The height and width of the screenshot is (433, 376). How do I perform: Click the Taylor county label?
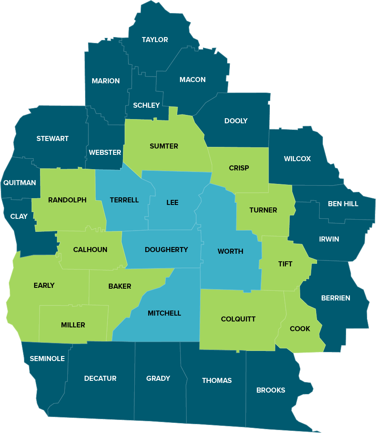click(155, 40)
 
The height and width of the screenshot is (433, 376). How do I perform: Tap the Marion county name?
click(106, 81)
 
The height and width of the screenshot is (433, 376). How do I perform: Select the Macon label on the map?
click(192, 80)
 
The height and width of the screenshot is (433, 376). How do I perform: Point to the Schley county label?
click(146, 105)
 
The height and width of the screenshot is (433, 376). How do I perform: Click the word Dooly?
click(236, 121)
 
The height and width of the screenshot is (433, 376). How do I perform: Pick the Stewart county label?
click(52, 138)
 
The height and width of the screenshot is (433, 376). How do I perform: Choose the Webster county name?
click(105, 152)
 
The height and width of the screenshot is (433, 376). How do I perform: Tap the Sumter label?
click(164, 146)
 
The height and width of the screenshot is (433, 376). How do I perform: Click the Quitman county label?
click(19, 183)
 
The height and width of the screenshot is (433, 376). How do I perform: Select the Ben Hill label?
click(343, 204)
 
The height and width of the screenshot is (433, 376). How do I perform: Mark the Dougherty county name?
click(166, 250)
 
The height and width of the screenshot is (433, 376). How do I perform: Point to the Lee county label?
click(172, 202)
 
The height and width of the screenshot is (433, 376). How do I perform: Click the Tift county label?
click(285, 264)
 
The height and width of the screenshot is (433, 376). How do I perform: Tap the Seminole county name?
click(47, 359)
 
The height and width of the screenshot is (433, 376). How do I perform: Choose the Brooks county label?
click(270, 390)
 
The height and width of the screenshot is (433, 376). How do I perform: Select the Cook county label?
click(300, 329)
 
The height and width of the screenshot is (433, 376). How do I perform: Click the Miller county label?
click(73, 325)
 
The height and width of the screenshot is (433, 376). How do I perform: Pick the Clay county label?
click(19, 216)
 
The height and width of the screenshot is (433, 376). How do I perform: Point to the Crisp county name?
click(239, 168)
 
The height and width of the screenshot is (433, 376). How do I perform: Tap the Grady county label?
click(158, 378)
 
